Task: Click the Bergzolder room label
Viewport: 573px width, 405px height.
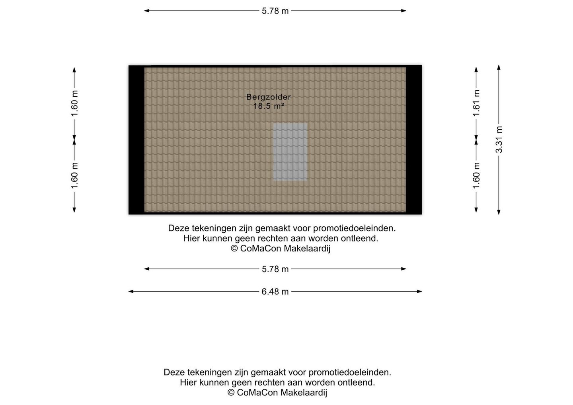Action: point(269,97)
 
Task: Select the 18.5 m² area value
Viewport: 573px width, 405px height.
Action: point(269,106)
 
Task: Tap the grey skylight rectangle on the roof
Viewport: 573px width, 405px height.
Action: point(290,152)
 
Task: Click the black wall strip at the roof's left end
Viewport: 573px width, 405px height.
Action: point(136,140)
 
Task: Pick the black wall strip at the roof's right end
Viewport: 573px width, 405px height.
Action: point(414,140)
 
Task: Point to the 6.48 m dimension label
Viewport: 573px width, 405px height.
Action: point(275,292)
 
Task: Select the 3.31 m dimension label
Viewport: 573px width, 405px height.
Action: point(499,139)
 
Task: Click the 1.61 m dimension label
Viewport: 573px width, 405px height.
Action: point(476,103)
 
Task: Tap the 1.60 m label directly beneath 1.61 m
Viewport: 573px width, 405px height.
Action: point(476,175)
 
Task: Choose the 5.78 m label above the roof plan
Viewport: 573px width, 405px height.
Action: point(275,11)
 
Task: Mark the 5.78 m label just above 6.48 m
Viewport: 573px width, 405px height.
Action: point(275,269)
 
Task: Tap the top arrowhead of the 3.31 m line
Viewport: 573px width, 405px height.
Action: point(499,67)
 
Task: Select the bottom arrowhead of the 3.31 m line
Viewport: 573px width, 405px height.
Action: point(499,212)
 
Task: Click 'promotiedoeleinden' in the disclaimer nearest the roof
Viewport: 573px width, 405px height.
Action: point(354,228)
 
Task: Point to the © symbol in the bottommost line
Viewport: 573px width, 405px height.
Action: point(231,393)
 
